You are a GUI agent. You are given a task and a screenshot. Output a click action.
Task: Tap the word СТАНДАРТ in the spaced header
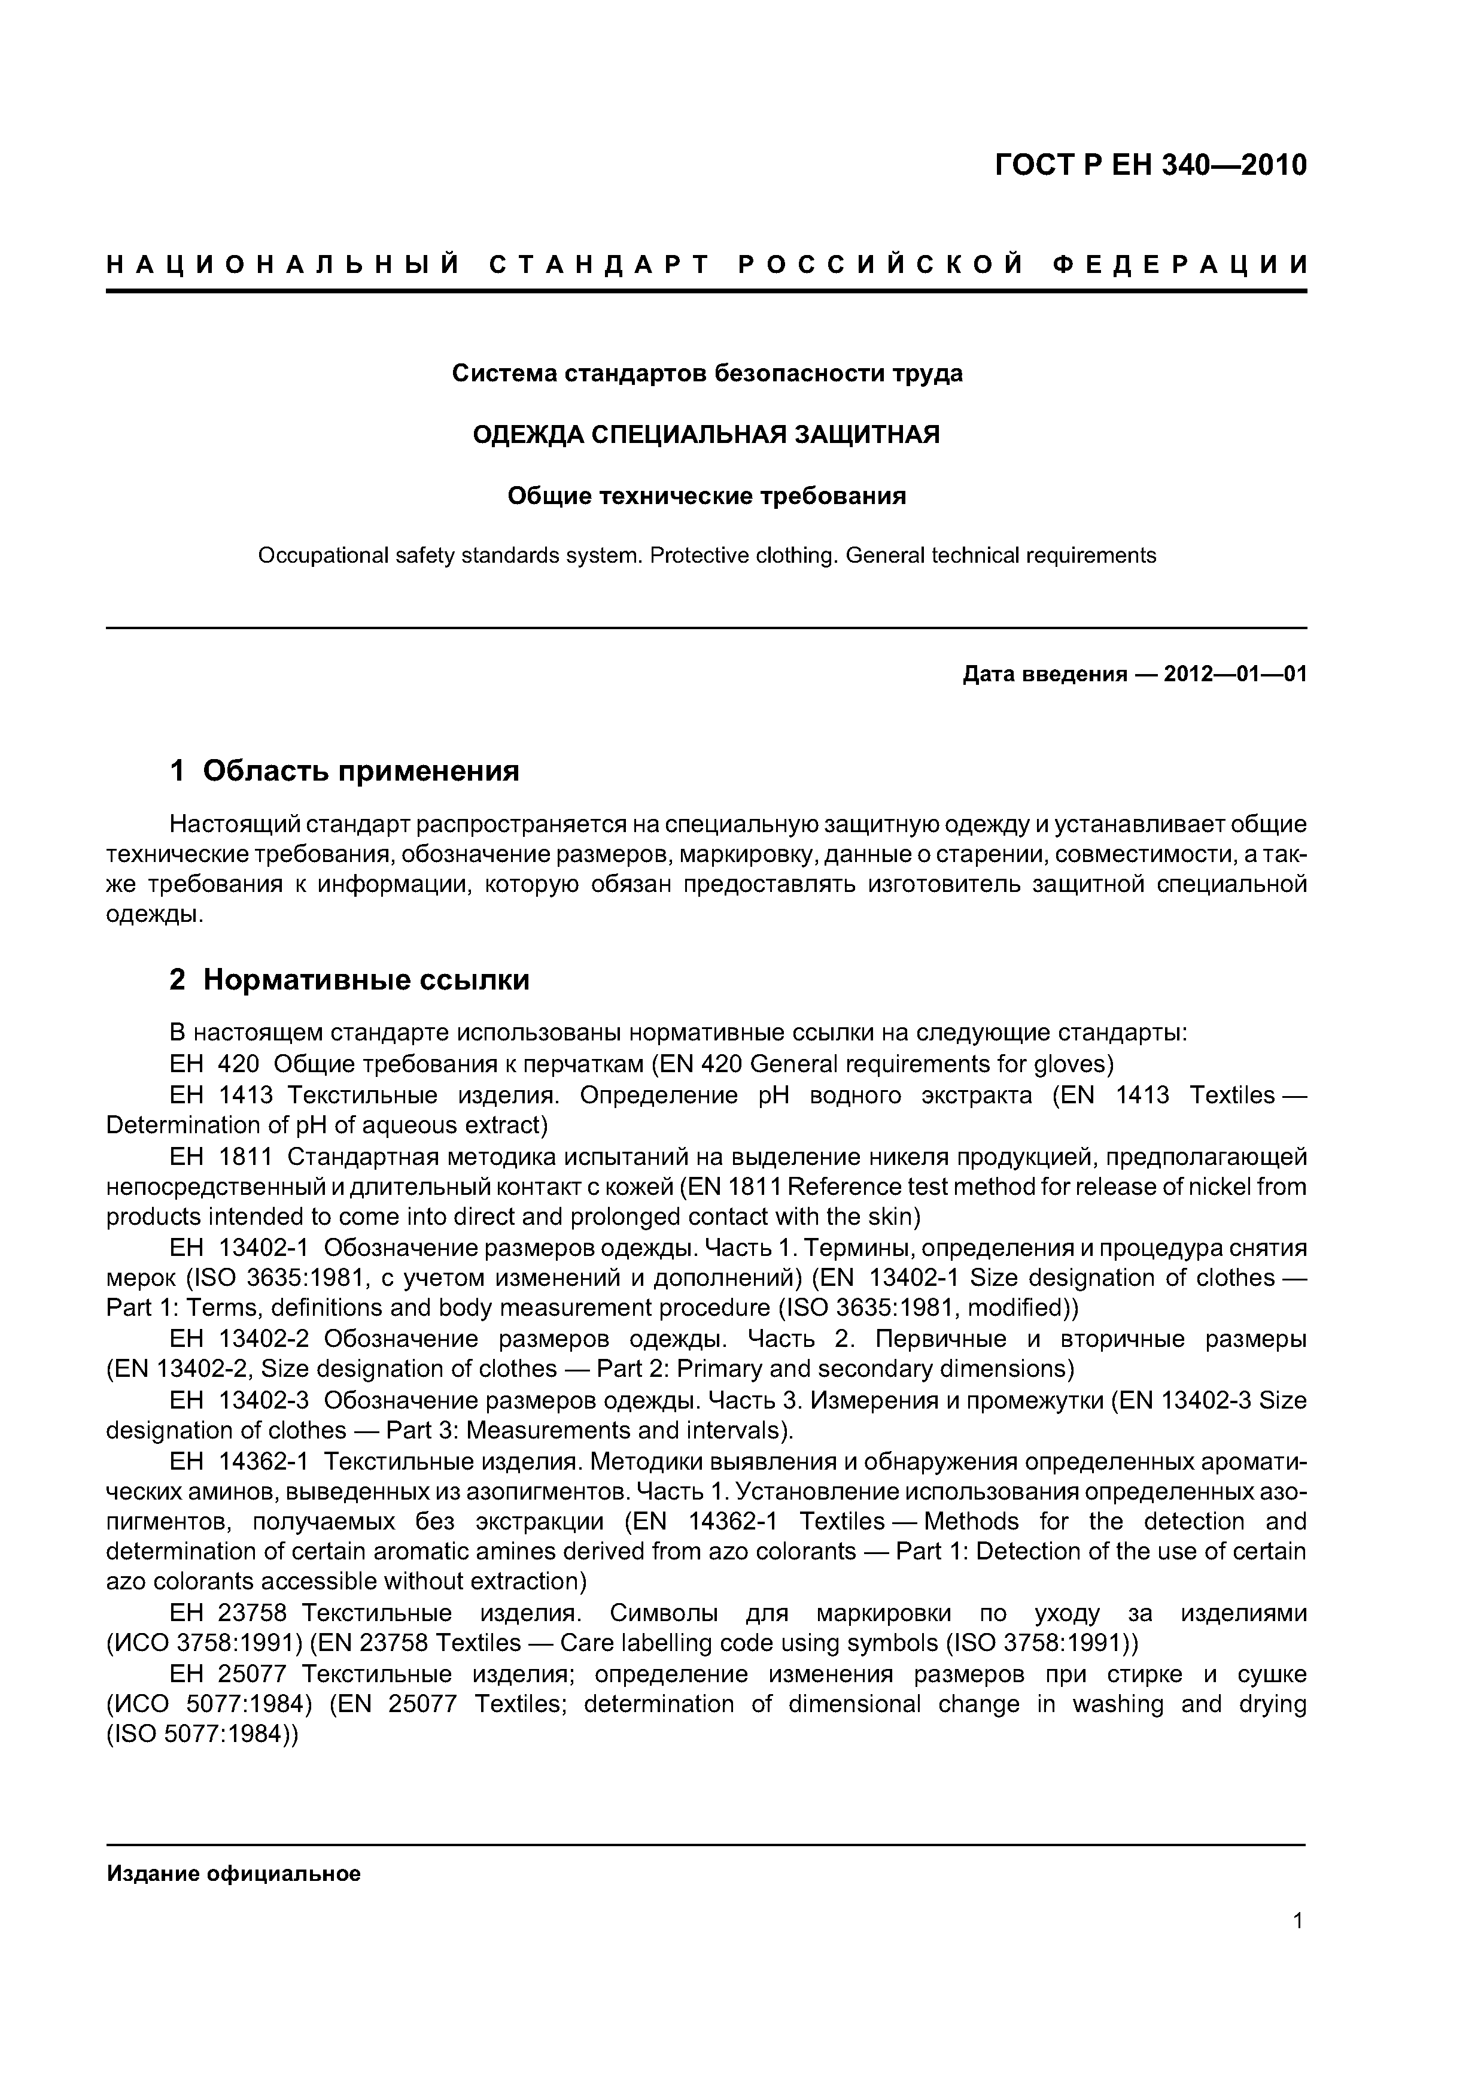tap(600, 265)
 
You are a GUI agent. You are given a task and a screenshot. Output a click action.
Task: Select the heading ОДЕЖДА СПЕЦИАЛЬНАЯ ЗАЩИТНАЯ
tap(706, 435)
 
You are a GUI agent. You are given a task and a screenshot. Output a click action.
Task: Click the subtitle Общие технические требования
tap(706, 496)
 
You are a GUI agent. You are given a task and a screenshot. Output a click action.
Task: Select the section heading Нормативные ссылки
tap(366, 979)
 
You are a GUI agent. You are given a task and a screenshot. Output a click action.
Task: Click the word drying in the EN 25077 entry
tap(1273, 1704)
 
